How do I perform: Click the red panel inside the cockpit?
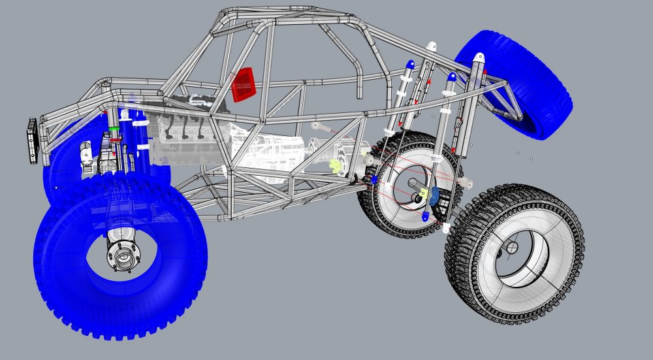pyautogui.click(x=243, y=84)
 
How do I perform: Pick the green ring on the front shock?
pyautogui.click(x=115, y=129)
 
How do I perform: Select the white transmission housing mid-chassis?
pyautogui.click(x=274, y=154)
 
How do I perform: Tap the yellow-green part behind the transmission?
pyautogui.click(x=337, y=166)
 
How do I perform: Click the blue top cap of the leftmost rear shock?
pyautogui.click(x=409, y=65)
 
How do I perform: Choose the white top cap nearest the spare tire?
pyautogui.click(x=479, y=57)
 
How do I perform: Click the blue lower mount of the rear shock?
pyautogui.click(x=426, y=216)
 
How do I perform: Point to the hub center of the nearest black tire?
pyautogui.click(x=511, y=248)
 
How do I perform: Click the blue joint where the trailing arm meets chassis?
pyautogui.click(x=374, y=179)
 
